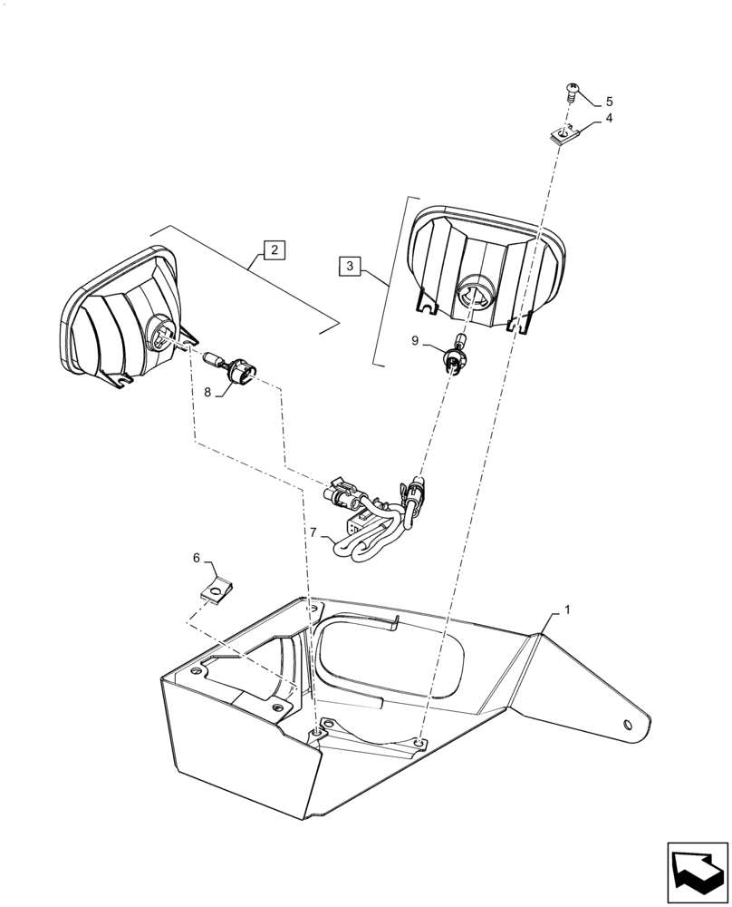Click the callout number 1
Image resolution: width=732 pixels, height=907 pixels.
[x=567, y=611]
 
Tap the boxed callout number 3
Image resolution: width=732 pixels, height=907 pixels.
[x=352, y=266]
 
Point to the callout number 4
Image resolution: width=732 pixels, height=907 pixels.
[x=609, y=118]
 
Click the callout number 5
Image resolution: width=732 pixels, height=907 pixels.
[x=609, y=101]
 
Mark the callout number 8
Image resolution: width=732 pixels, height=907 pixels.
[x=207, y=392]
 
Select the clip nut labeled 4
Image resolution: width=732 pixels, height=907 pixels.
[x=563, y=135]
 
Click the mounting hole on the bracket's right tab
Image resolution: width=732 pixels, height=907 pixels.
[x=627, y=724]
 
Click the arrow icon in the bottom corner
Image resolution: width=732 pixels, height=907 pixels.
[x=697, y=872]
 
